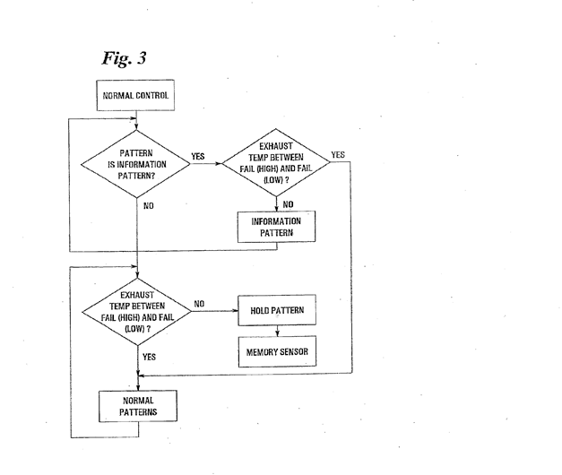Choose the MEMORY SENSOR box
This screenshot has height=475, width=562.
(276, 351)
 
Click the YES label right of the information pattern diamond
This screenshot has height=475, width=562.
(198, 156)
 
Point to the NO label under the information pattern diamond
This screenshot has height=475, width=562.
(150, 206)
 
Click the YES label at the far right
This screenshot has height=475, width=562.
(338, 154)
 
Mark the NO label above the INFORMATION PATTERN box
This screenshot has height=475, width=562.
(289, 203)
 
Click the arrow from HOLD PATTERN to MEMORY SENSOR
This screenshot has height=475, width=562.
(275, 329)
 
